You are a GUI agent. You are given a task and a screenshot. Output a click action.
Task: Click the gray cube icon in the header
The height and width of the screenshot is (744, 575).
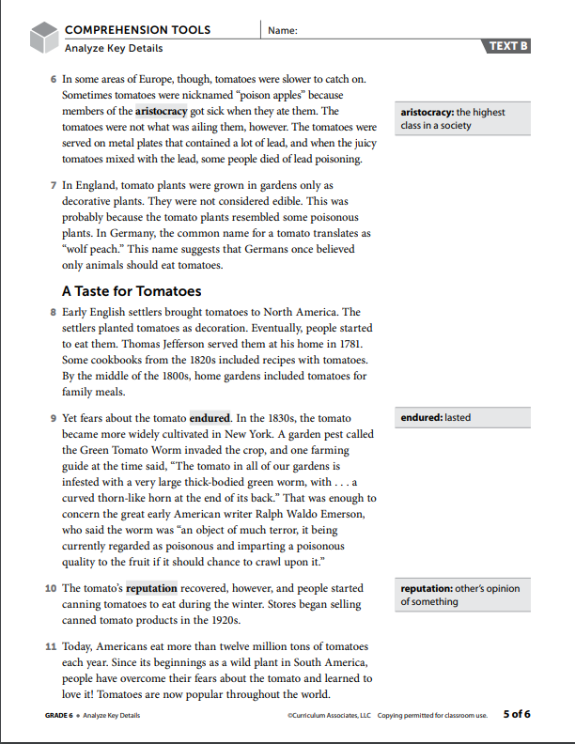click(x=42, y=38)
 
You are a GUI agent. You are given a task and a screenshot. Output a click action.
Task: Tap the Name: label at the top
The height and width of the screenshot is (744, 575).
click(x=282, y=31)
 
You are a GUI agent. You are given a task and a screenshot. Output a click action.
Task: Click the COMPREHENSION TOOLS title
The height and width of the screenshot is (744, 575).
click(x=137, y=30)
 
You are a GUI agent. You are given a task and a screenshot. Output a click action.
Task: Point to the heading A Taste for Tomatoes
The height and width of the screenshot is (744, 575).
click(x=131, y=291)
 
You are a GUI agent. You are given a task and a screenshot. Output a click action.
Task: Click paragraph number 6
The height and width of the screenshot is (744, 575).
click(x=53, y=81)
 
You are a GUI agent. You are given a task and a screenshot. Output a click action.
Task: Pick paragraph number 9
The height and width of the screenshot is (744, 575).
click(x=53, y=418)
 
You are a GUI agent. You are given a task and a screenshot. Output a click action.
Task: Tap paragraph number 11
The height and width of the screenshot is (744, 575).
click(x=51, y=647)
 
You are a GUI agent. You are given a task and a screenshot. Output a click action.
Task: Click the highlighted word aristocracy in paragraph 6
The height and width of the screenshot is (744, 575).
click(x=167, y=111)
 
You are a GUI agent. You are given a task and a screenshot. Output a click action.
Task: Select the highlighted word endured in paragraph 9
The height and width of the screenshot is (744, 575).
click(x=210, y=418)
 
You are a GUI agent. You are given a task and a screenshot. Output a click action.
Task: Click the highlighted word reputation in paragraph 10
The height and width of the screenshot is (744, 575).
click(x=151, y=589)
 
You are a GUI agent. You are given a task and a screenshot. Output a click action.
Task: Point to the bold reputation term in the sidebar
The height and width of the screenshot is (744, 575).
click(x=427, y=589)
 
